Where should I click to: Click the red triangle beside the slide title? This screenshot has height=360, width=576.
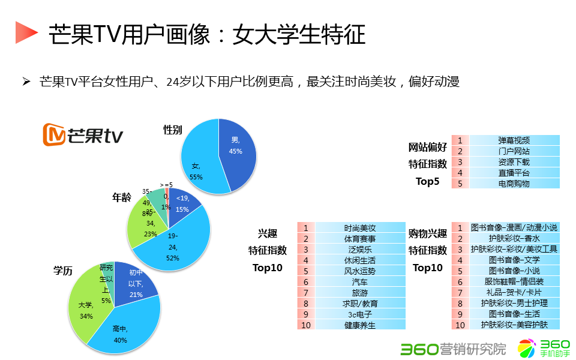[x=25, y=32]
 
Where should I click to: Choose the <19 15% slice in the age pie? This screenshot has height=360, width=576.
[x=181, y=204]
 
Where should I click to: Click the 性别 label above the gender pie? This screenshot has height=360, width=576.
[x=173, y=130]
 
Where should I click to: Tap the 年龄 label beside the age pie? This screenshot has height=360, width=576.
[x=122, y=197]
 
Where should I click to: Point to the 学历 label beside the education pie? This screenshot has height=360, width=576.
[x=63, y=271]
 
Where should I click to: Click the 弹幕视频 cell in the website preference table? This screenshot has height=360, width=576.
[x=514, y=140]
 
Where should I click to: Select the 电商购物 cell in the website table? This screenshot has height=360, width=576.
[x=514, y=184]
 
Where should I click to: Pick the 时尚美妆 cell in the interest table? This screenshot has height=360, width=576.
[x=360, y=228]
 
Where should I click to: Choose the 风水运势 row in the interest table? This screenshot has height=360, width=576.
[x=360, y=271]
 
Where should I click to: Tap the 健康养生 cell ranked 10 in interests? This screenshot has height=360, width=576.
[x=360, y=325]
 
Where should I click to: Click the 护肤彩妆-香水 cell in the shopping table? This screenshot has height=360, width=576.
[x=514, y=239]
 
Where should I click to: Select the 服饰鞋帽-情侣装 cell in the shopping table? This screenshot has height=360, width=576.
[x=514, y=281]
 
